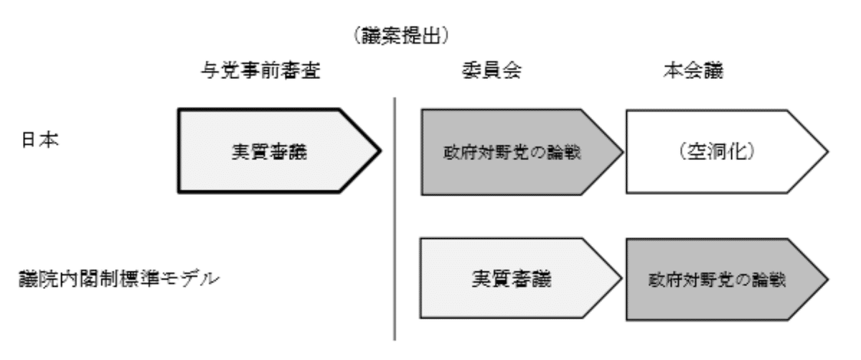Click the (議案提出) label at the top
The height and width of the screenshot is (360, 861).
coord(401,36)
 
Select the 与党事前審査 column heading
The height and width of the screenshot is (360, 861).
coord(260,71)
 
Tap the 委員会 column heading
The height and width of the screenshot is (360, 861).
coord(491,71)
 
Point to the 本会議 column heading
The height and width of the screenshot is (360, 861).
coord(693,71)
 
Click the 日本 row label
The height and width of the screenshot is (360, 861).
coord(40,139)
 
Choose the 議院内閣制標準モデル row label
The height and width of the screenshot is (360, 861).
coord(119,278)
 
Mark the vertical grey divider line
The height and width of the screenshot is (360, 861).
coord(395,219)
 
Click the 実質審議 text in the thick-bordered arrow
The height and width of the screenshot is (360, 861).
coord(269,152)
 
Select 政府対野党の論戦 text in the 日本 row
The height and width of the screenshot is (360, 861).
coord(512,153)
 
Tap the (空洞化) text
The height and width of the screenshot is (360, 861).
coord(717,151)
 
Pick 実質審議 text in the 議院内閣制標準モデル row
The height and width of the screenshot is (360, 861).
coord(511,278)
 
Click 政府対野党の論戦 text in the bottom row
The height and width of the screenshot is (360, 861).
coord(717,280)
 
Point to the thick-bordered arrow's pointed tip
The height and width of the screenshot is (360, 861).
coord(380,151)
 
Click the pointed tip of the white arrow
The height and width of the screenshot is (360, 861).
coord(827,152)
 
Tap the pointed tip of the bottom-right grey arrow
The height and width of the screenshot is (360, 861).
coord(827,279)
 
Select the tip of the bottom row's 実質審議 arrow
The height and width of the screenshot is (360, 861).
coord(621,278)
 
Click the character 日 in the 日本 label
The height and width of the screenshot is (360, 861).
coord(29,139)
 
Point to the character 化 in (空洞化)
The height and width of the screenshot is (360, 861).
coord(737,151)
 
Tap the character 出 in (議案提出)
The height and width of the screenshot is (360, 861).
coord(431,36)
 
